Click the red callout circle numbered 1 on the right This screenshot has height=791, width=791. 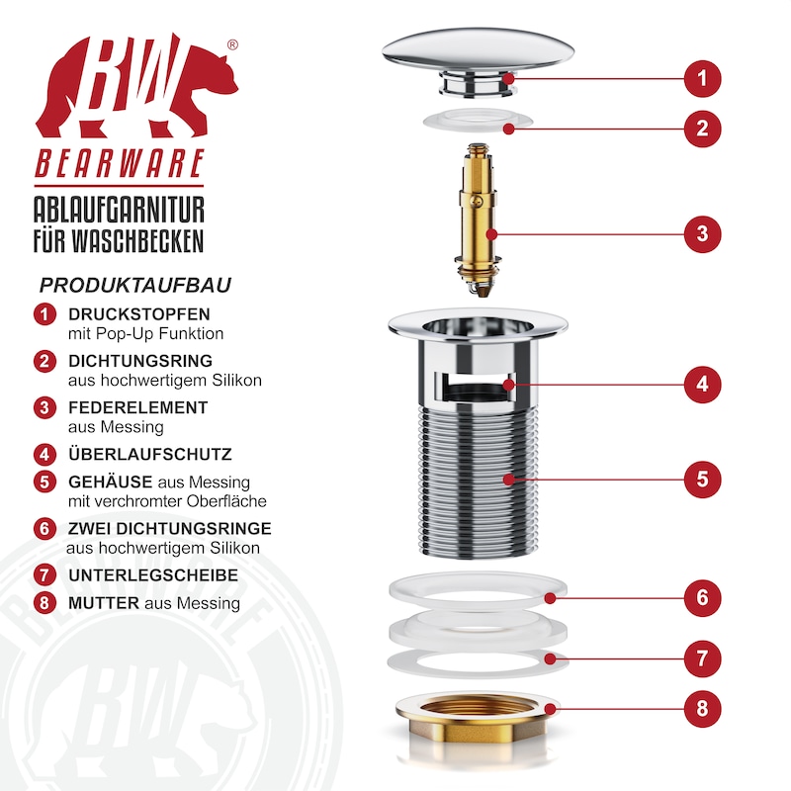click(702, 79)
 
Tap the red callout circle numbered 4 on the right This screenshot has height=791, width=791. click(702, 385)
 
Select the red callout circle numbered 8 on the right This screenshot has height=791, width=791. click(702, 709)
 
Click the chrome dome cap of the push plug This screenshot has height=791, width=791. click(478, 49)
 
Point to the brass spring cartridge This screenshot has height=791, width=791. click(478, 220)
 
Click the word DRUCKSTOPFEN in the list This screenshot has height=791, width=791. click(139, 314)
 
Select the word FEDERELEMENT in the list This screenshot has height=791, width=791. click(138, 407)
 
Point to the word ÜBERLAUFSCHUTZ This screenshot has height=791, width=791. click(150, 454)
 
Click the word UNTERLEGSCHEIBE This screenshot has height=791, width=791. click(153, 575)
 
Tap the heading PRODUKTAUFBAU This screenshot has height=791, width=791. click(135, 286)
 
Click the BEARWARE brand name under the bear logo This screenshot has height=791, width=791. click(120, 163)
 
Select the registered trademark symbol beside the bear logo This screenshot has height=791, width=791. click(232, 44)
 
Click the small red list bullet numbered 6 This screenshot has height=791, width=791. click(44, 529)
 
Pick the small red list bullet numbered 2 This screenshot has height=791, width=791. click(44, 361)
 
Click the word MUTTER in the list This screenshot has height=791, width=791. click(104, 603)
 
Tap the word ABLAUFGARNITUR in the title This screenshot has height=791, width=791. click(119, 210)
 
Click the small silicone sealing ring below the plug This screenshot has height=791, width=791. click(478, 121)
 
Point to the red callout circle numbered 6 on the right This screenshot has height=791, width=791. click(702, 598)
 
